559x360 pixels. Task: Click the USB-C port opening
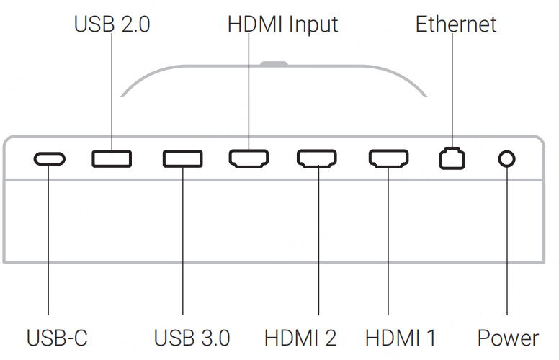[x=49, y=158]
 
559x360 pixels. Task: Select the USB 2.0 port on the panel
[x=112, y=158]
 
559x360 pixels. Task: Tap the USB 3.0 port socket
[x=182, y=158]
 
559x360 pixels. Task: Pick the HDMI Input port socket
[x=249, y=158]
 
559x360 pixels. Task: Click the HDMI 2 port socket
[x=317, y=158]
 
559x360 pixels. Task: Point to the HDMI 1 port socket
[x=389, y=158]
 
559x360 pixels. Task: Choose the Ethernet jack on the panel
[x=452, y=158]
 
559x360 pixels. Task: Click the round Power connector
[x=507, y=158]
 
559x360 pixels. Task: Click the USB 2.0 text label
[x=112, y=24]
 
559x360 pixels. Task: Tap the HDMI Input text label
[x=282, y=24]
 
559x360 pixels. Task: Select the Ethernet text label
[x=456, y=24]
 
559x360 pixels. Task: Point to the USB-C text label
[x=57, y=338]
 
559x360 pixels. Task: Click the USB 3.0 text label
[x=192, y=338]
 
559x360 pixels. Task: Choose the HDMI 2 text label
[x=300, y=338]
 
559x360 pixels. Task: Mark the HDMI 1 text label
[x=401, y=338]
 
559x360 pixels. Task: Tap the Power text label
[x=508, y=338]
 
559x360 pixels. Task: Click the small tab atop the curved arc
[x=274, y=63]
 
